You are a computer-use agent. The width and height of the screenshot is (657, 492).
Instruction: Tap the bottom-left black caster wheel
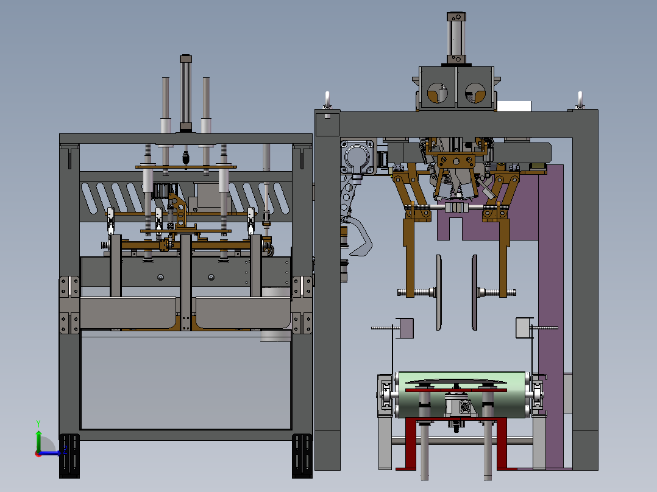(x=69, y=456)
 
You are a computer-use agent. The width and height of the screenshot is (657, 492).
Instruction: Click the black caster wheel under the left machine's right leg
(x=302, y=456)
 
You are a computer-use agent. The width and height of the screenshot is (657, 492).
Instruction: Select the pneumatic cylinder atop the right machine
(x=456, y=38)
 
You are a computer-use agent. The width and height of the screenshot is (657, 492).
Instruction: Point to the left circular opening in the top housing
(x=438, y=93)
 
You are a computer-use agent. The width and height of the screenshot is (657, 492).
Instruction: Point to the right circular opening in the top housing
(x=475, y=93)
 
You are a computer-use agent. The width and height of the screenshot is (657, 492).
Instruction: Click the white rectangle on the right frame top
(x=514, y=106)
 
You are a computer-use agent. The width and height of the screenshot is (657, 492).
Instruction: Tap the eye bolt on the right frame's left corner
(x=328, y=100)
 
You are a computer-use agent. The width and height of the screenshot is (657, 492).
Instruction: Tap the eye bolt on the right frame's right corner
(x=580, y=100)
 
